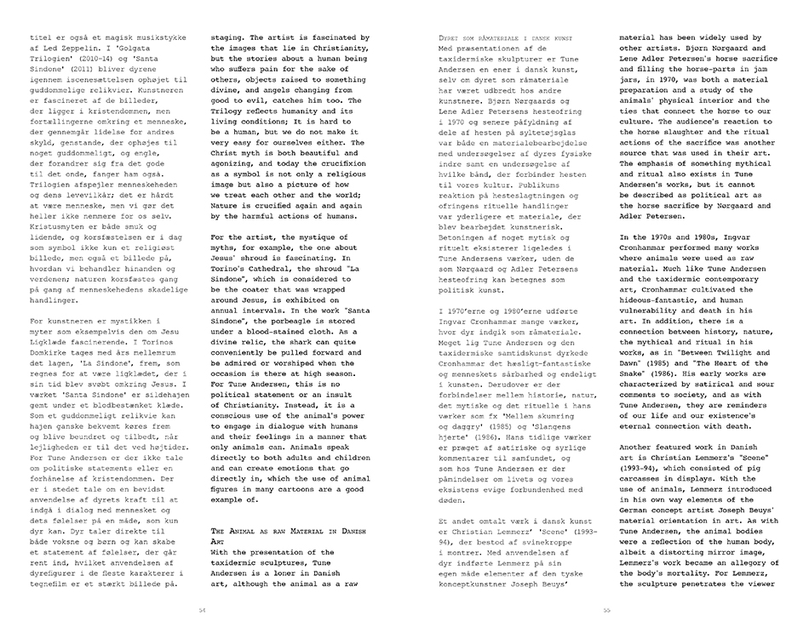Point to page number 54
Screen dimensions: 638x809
coord(202,609)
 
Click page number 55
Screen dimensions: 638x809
coord(607,609)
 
